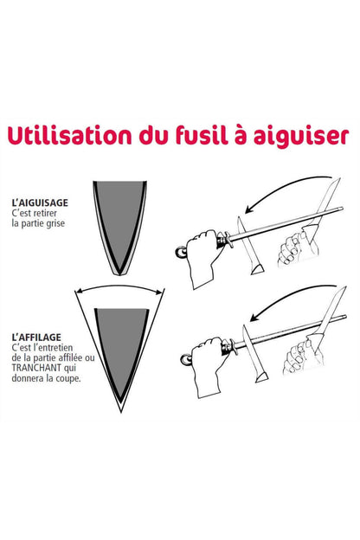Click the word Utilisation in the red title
coord(69,135)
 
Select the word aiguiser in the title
coord(301,137)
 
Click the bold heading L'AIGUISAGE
coord(40,202)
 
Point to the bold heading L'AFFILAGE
coord(36,337)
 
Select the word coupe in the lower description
coord(68,379)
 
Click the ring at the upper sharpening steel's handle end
coord(181,253)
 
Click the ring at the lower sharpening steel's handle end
coord(186,359)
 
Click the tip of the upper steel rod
coord(342,209)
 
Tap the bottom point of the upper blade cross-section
coord(119,274)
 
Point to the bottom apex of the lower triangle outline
coord(121,412)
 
